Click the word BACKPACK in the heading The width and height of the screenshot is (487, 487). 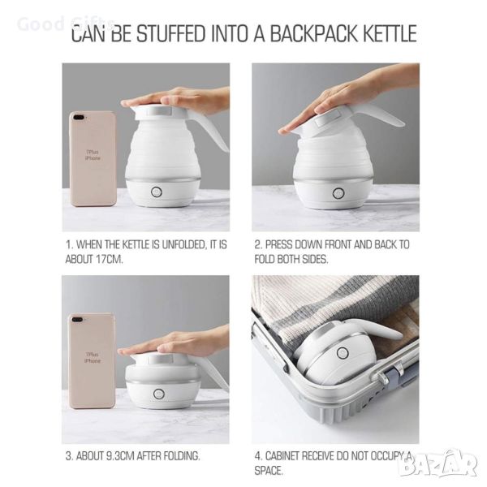click(x=314, y=33)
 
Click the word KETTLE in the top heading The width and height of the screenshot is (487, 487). click(x=390, y=33)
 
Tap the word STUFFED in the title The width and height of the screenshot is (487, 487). click(x=171, y=33)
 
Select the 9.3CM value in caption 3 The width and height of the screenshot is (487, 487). click(x=120, y=456)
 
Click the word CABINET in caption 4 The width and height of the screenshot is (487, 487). click(x=282, y=456)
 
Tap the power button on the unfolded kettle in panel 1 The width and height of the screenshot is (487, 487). click(x=157, y=192)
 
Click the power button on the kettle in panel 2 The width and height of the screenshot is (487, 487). click(x=338, y=193)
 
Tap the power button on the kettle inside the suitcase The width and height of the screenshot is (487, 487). click(x=343, y=353)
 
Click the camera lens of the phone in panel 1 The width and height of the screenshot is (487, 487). click(x=78, y=117)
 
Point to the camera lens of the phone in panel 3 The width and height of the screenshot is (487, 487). click(x=76, y=319)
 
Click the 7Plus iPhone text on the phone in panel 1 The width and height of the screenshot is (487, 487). click(x=93, y=155)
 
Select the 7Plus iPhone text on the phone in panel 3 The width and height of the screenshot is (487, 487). click(x=93, y=357)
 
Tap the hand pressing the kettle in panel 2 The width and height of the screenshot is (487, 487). click(x=345, y=99)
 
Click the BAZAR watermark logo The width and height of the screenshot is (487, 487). click(x=438, y=464)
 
